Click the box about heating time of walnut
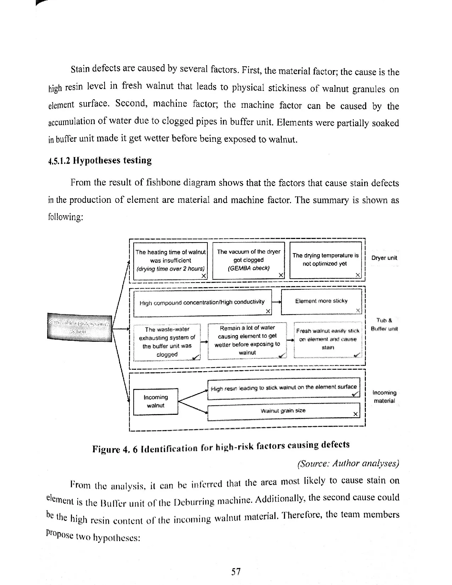point(170,261)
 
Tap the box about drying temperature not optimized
point(325,260)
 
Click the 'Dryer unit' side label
point(384,258)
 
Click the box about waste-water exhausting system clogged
point(167,342)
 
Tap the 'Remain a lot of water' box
point(247,340)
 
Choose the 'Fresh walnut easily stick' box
point(328,339)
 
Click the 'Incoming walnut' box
point(156,401)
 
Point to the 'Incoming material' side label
point(384,397)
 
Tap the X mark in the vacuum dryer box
point(280,275)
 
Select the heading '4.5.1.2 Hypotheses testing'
point(100,160)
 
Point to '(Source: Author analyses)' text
point(348,463)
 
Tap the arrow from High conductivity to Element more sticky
point(277,302)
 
